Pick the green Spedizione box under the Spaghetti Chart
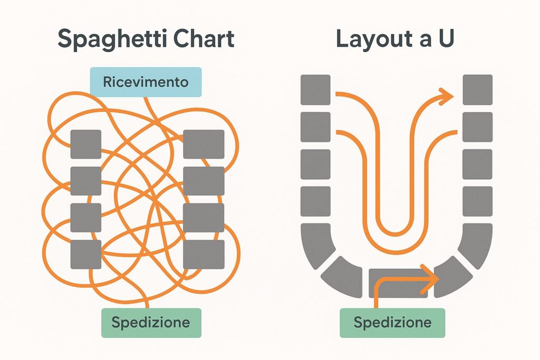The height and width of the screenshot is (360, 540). pos(151,322)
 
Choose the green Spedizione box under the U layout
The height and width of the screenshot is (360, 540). pos(392,322)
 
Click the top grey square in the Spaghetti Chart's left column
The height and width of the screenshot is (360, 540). pos(85,144)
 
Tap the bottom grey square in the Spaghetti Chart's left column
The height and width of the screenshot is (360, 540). pos(85,255)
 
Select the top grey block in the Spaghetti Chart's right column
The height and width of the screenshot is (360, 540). pos(204,144)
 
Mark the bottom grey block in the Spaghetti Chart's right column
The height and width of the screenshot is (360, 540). pos(204,255)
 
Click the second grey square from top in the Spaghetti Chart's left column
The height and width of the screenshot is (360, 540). pos(85,181)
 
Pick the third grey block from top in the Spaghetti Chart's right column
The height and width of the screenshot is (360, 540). pos(204,218)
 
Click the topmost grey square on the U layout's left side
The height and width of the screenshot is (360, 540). pos(315,90)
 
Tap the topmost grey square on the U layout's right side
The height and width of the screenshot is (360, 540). pos(477,90)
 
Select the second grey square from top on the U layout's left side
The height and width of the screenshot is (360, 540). pos(315,127)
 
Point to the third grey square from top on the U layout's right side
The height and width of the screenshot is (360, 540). pos(477,164)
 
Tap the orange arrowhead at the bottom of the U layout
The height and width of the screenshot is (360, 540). pos(431,277)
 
